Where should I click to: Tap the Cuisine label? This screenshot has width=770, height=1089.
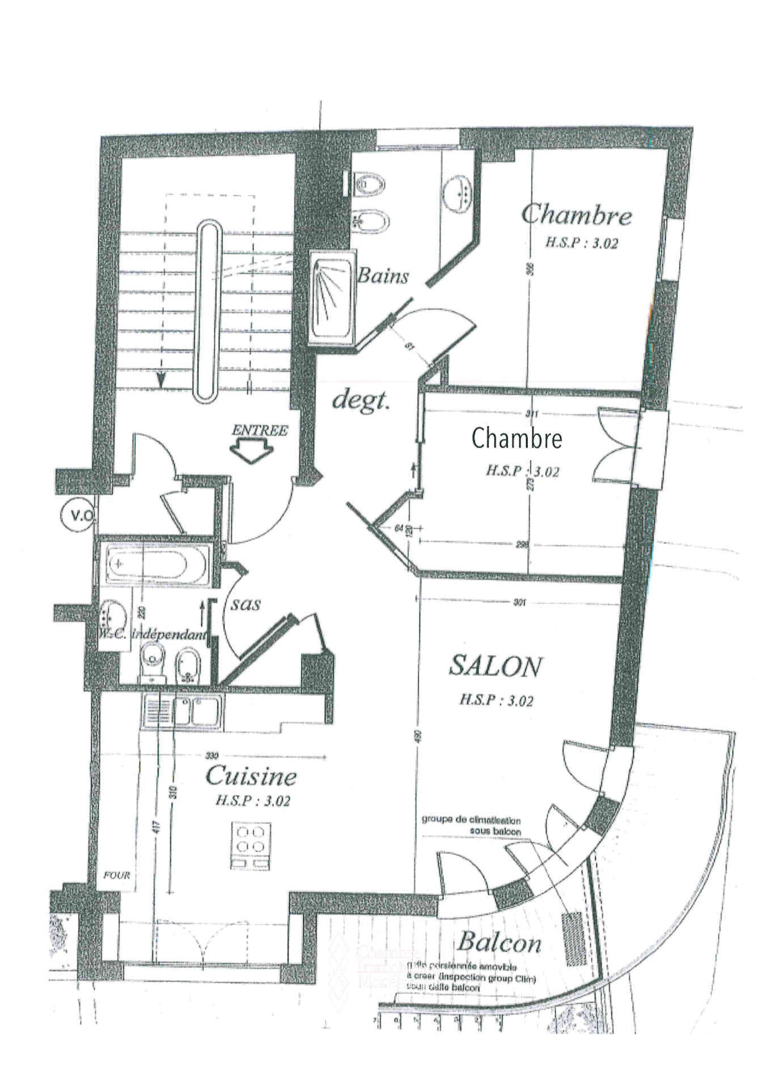(251, 776)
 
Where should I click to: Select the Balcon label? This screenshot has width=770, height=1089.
(499, 942)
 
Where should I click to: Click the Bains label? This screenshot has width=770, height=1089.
(383, 276)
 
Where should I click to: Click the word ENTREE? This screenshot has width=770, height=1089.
(260, 430)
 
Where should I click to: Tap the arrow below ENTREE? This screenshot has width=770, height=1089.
(252, 452)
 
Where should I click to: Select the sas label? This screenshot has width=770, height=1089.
(246, 603)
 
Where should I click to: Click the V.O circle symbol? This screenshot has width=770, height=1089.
(78, 515)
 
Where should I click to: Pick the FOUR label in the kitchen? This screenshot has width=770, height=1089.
(117, 875)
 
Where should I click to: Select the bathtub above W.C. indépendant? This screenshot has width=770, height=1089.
(154, 565)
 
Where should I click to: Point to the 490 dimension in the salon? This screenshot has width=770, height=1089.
(418, 737)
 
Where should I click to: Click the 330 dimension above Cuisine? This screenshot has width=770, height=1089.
(212, 755)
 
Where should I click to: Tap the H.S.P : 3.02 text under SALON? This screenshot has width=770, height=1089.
(496, 700)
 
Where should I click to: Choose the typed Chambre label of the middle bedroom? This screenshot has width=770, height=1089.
(517, 438)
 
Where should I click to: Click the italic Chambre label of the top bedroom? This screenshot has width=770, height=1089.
(576, 214)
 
